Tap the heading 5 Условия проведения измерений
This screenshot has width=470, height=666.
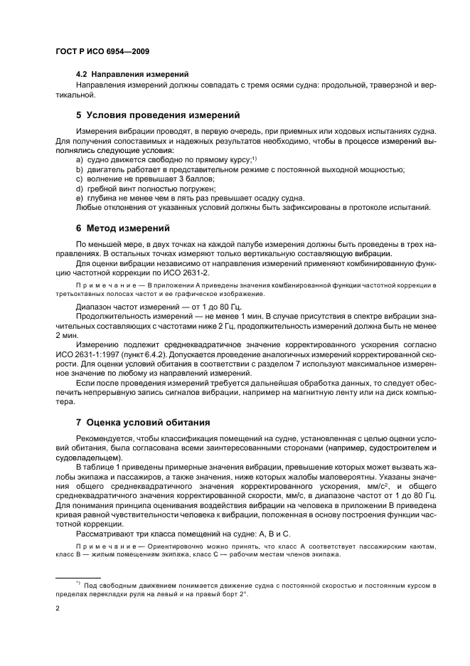158,115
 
